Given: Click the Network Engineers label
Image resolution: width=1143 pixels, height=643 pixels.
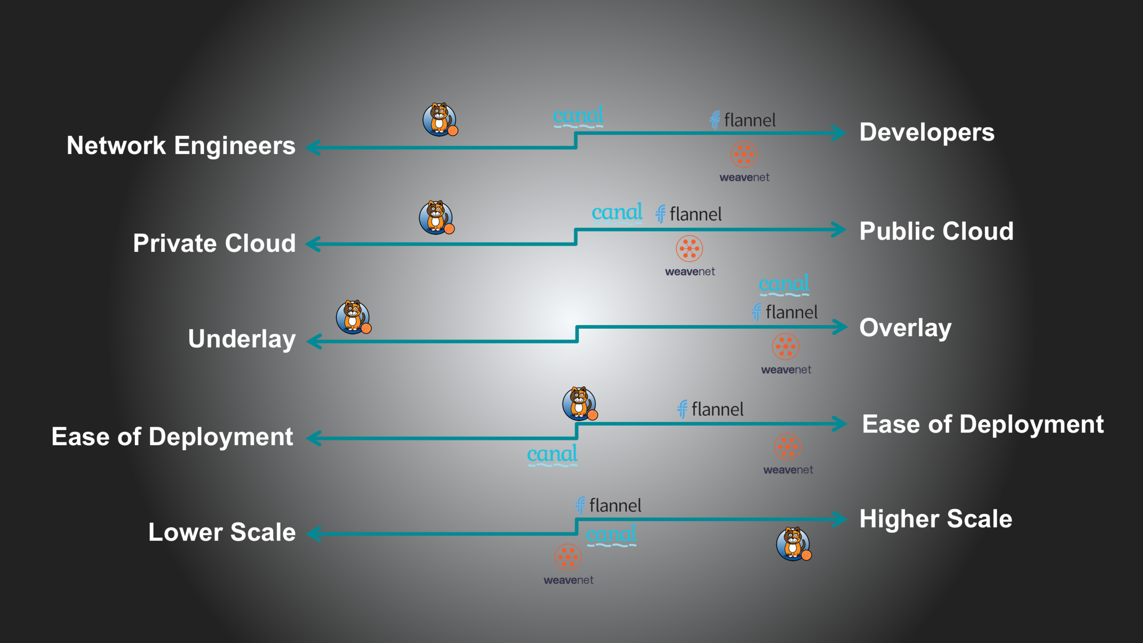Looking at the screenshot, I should [x=181, y=145].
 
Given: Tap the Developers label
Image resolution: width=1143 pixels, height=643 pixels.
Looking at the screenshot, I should [x=927, y=132].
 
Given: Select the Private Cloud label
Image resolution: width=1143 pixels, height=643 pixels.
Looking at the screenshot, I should [x=214, y=243].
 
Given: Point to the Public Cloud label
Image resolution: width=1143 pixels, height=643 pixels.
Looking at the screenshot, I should [x=936, y=231].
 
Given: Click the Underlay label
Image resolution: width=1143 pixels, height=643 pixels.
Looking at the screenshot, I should [x=242, y=339].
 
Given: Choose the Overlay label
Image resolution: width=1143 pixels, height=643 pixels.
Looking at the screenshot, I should [x=905, y=328].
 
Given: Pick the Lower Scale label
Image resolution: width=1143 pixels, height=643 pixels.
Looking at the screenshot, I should [x=222, y=532].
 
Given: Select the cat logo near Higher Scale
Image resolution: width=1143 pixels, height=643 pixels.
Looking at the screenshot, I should [x=793, y=543].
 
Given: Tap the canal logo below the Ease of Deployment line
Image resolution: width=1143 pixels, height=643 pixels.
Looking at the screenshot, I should [x=552, y=454].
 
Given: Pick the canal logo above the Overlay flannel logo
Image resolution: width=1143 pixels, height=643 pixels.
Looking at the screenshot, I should [x=784, y=284].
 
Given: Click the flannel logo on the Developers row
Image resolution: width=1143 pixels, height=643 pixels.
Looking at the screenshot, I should [x=742, y=120].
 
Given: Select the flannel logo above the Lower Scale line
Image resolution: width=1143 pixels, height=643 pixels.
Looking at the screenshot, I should [x=608, y=505].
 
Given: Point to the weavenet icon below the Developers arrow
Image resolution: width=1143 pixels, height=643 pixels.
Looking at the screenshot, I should [x=744, y=154].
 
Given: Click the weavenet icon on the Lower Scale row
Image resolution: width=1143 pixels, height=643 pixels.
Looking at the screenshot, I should [x=568, y=557].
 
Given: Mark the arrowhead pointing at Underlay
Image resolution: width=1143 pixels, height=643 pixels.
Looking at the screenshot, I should [x=314, y=342].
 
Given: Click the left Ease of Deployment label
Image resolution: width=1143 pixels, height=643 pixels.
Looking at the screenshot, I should [x=172, y=437].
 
